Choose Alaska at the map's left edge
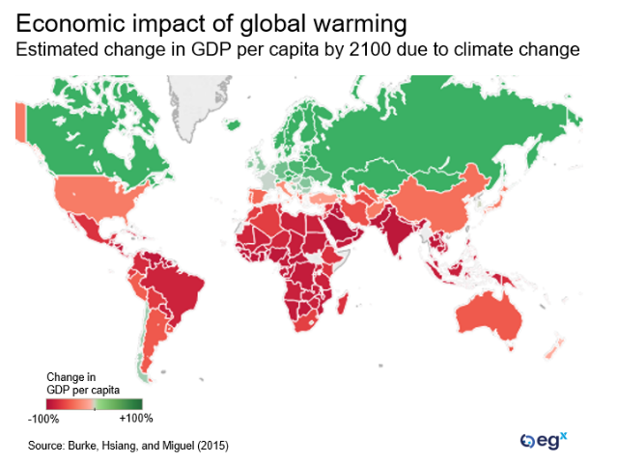tap(19, 122)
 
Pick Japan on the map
tap(501, 199)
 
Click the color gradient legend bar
tap(94, 404)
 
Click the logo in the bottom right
tap(544, 441)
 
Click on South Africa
tap(299, 323)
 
